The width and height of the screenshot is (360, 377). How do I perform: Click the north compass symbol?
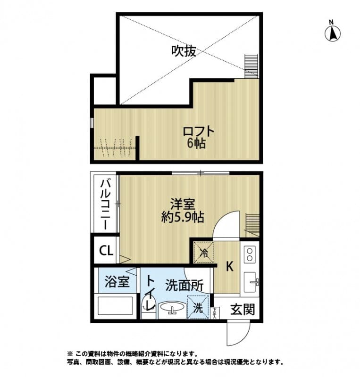(x=332, y=32)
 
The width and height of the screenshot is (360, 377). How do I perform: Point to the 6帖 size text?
(x=196, y=144)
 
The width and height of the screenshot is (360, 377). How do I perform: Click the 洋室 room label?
(x=183, y=205)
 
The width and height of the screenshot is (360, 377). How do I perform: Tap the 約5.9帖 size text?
(x=183, y=218)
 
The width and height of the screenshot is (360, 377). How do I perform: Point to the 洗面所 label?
(x=184, y=285)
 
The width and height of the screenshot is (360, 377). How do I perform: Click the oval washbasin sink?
(x=172, y=309)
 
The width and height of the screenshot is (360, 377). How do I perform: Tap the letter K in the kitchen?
(x=229, y=267)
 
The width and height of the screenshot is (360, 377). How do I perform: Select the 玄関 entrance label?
(x=243, y=310)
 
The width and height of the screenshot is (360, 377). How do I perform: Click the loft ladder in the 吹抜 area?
(x=251, y=66)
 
